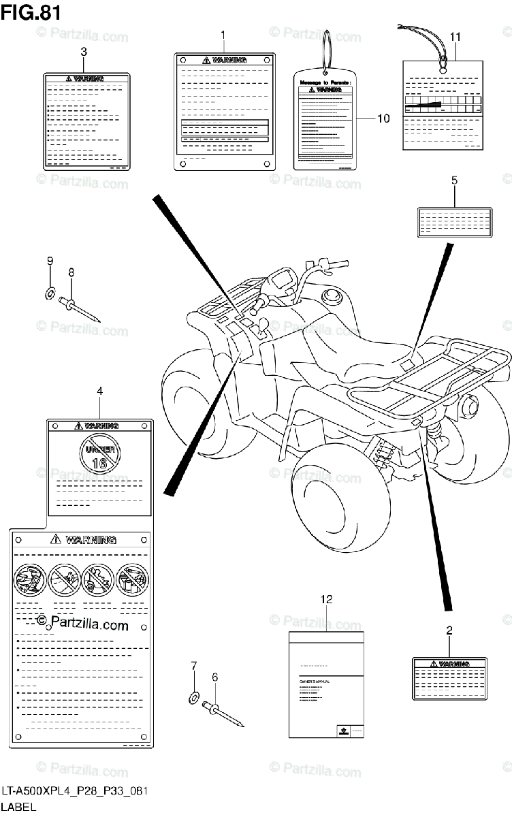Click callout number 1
222,34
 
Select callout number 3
83,51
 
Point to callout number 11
455,36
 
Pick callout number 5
454,180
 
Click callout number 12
327,599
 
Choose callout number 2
449,630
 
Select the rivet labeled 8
82,306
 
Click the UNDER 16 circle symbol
99,453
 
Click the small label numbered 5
454,222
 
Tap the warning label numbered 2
449,678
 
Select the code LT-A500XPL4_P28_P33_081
74,791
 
